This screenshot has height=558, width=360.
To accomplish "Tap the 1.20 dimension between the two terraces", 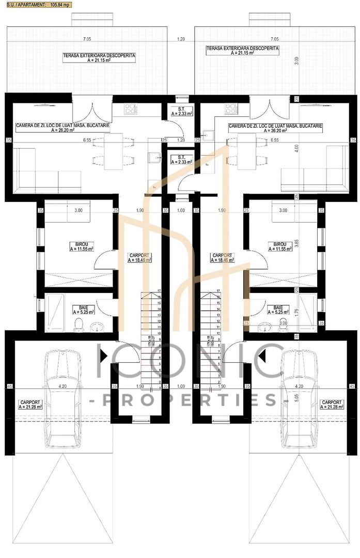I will click(181, 39).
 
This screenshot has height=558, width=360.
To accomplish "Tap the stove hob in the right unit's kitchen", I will click(231, 109).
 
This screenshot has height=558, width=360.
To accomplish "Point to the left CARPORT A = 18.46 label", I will click(139, 258).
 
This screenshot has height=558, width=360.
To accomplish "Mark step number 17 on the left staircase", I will click(161, 291).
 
